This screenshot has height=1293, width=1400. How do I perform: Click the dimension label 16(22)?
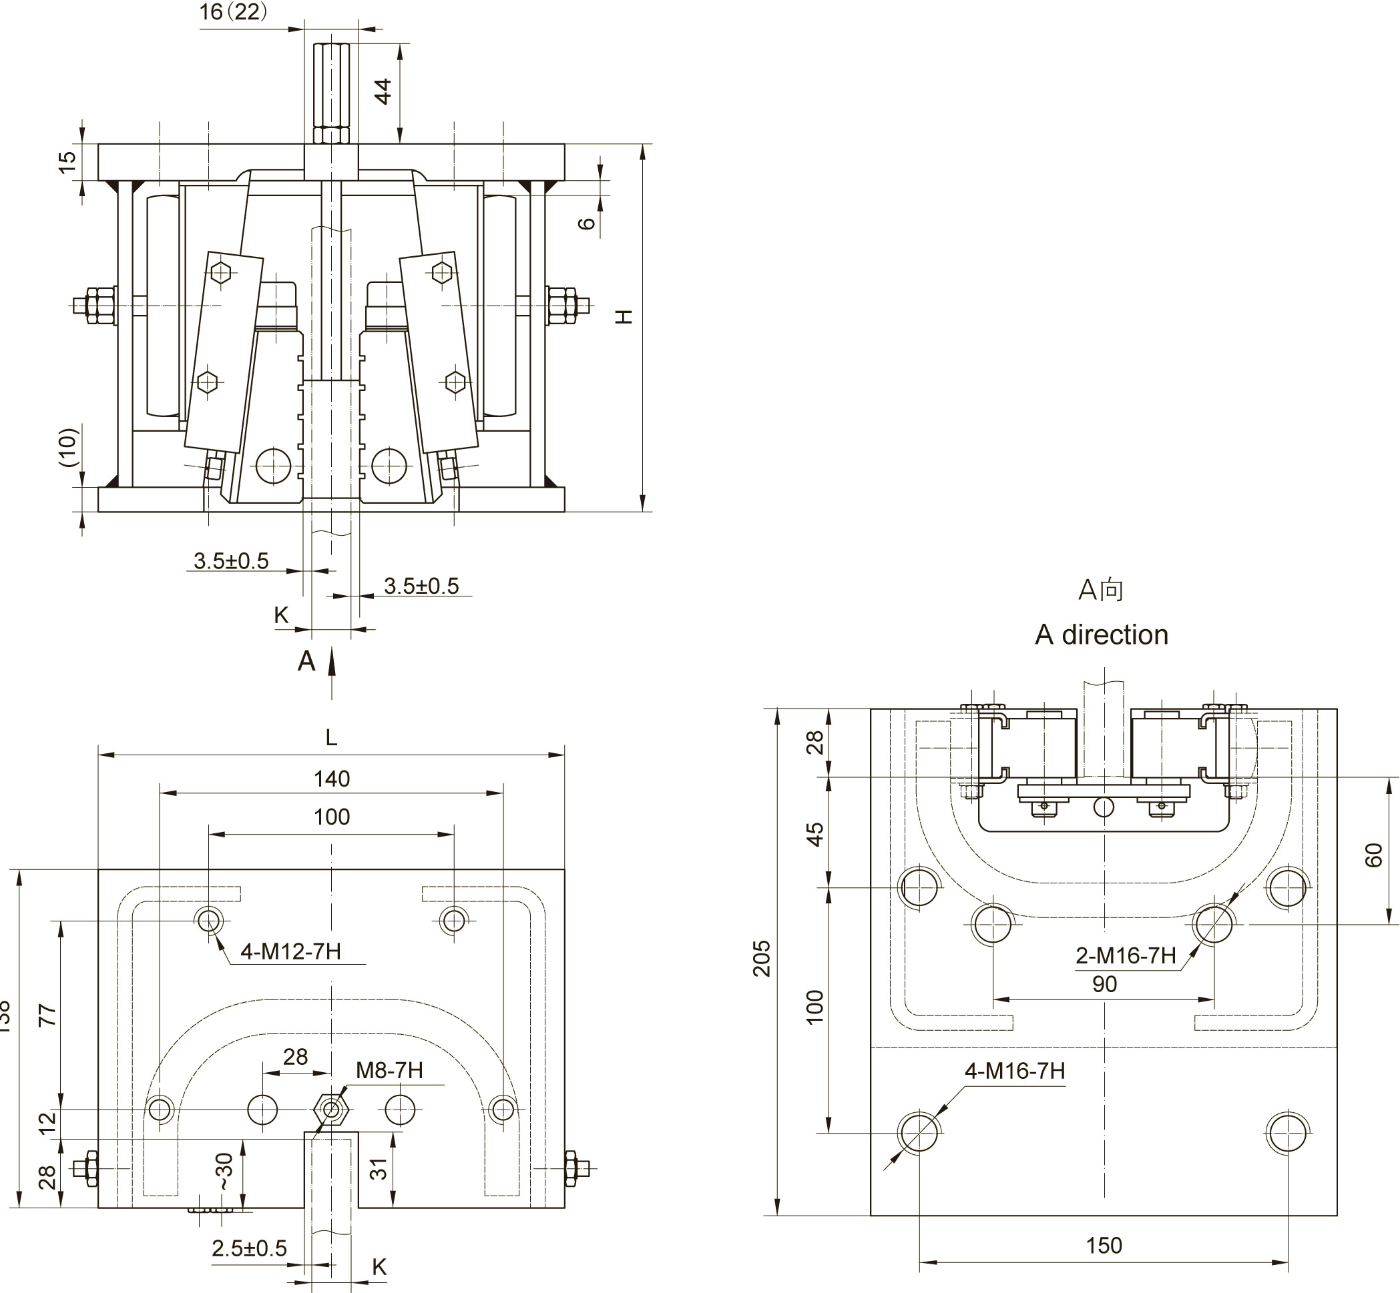[233, 12]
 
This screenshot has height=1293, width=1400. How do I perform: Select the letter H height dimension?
[624, 316]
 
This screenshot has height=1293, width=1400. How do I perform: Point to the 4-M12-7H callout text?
[290, 951]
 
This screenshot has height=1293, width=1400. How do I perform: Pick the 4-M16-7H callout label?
[1015, 1071]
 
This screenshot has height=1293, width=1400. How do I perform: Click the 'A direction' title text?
[1101, 634]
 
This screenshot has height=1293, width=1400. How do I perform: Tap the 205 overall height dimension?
[762, 959]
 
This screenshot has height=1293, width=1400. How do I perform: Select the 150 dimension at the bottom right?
[1104, 1246]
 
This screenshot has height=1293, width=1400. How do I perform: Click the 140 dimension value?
[331, 779]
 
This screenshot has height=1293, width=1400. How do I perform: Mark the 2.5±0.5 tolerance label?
[249, 1248]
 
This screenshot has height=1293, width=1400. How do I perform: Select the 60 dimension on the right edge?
[1374, 855]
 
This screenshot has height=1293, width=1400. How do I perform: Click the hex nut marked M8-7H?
[332, 1110]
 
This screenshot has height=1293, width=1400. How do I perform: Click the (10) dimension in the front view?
[68, 447]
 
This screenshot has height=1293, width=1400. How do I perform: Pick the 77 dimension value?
[47, 1015]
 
